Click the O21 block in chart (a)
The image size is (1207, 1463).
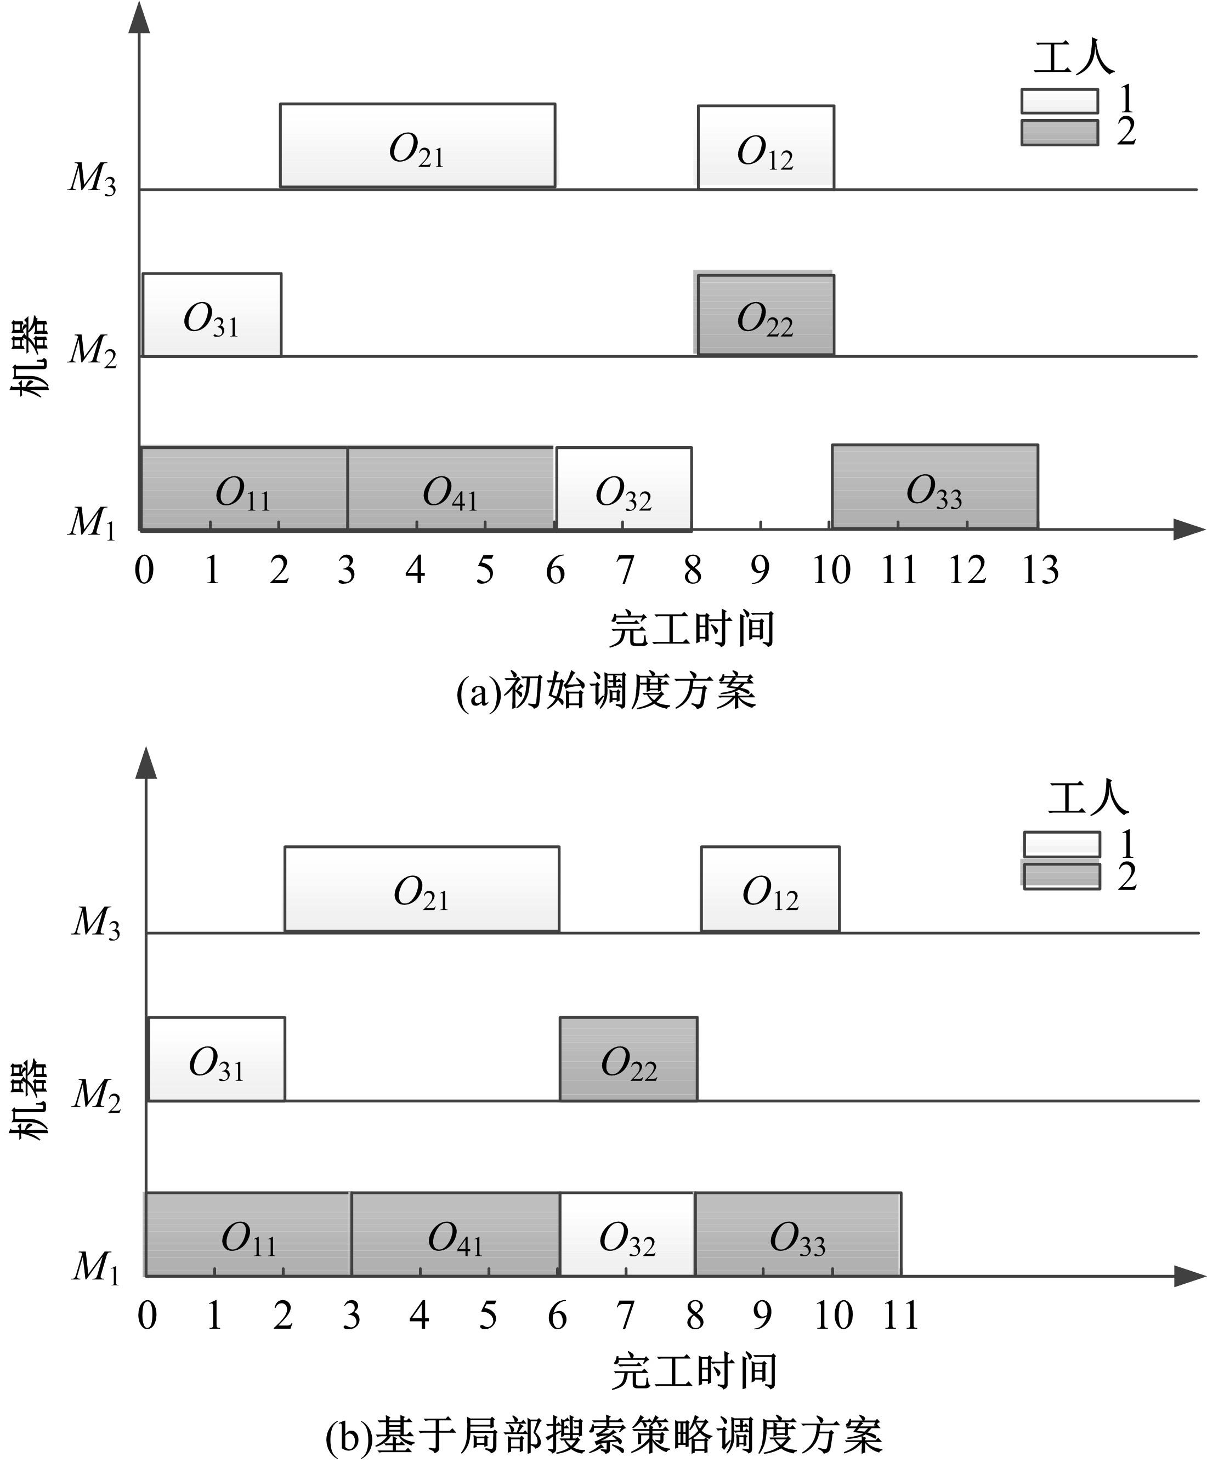pyautogui.click(x=417, y=145)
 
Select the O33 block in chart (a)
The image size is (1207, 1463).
pyautogui.click(x=934, y=487)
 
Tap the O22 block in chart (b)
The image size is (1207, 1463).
pyautogui.click(x=628, y=1058)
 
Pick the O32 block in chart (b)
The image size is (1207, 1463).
pyautogui.click(x=627, y=1234)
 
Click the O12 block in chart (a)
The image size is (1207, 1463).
pyautogui.click(x=766, y=147)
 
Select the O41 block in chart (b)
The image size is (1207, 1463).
pyautogui.click(x=455, y=1234)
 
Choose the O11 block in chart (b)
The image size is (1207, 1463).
pyautogui.click(x=248, y=1234)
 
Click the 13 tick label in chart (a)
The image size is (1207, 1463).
pyautogui.click(x=1039, y=571)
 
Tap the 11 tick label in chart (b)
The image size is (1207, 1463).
pyautogui.click(x=900, y=1316)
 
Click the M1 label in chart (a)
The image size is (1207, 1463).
pyautogui.click(x=92, y=521)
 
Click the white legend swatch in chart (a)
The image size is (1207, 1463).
pyautogui.click(x=1059, y=101)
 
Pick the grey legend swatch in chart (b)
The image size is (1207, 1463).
pyautogui.click(x=1062, y=876)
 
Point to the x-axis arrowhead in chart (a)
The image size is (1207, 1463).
pyautogui.click(x=1189, y=530)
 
